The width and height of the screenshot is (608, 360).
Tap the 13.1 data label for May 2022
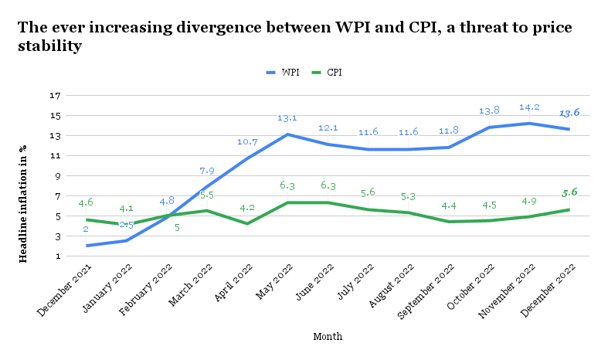point(287,118)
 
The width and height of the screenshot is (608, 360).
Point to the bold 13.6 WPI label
point(569,113)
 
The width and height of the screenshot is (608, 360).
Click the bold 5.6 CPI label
point(569,192)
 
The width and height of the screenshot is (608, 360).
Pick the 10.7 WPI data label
point(246,142)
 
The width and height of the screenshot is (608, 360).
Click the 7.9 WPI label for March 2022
point(206,171)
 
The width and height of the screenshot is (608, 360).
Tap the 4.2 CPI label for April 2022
point(246,208)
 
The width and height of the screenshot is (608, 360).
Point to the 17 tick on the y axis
point(55,96)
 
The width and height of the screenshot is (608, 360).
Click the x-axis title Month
point(328,337)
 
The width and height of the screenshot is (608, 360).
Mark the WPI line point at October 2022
point(490,127)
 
